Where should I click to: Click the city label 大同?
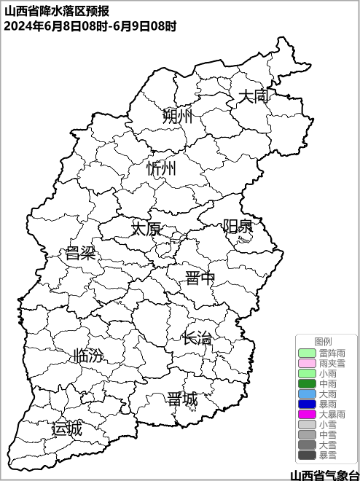click(x=254, y=95)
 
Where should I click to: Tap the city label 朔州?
click(x=177, y=116)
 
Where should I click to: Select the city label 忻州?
click(x=161, y=168)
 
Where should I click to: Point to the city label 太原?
click(x=146, y=228)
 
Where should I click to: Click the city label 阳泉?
click(x=238, y=226)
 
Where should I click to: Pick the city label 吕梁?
click(x=80, y=254)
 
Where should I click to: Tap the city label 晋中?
click(x=200, y=278)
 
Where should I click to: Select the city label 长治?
click(x=197, y=338)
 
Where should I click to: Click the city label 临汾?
click(x=88, y=356)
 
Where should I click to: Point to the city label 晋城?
click(x=182, y=399)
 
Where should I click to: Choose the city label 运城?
click(x=66, y=429)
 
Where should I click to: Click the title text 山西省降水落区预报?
click(x=57, y=11)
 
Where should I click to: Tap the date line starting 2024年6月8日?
click(x=90, y=26)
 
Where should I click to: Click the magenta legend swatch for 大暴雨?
click(x=307, y=414)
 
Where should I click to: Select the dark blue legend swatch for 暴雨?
click(x=307, y=404)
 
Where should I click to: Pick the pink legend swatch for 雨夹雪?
click(x=307, y=363)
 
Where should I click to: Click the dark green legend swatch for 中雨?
click(x=307, y=383)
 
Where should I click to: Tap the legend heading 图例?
click(x=323, y=341)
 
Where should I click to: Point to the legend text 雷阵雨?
click(x=332, y=353)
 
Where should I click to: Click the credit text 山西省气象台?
click(x=324, y=474)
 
